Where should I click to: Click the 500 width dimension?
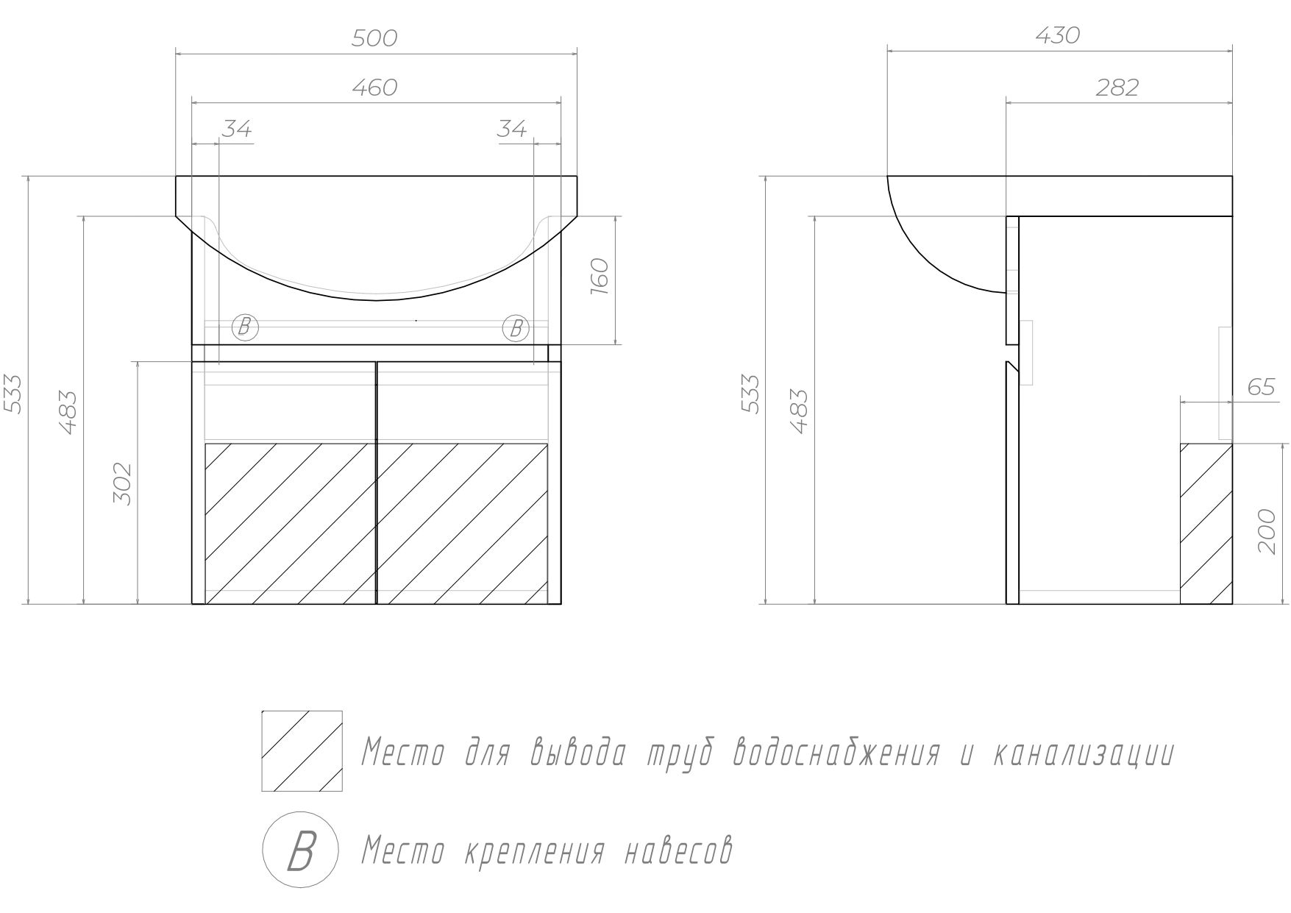coord(374,38)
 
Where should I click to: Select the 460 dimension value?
coord(374,88)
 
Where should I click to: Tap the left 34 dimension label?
coord(237,129)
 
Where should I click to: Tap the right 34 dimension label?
coord(512,129)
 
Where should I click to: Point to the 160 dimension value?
coord(600,276)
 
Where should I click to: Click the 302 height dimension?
coord(122,483)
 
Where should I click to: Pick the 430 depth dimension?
coord(1057,35)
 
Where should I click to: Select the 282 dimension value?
coord(1117,88)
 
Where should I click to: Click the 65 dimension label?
coord(1261,387)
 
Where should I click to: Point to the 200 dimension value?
coord(1266,531)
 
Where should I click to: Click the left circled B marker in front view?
coord(245,327)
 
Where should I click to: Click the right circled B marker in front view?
coord(516,328)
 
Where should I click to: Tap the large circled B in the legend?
coord(301,850)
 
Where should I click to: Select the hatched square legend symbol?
coord(302,751)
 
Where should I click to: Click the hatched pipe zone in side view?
coord(1206,524)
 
